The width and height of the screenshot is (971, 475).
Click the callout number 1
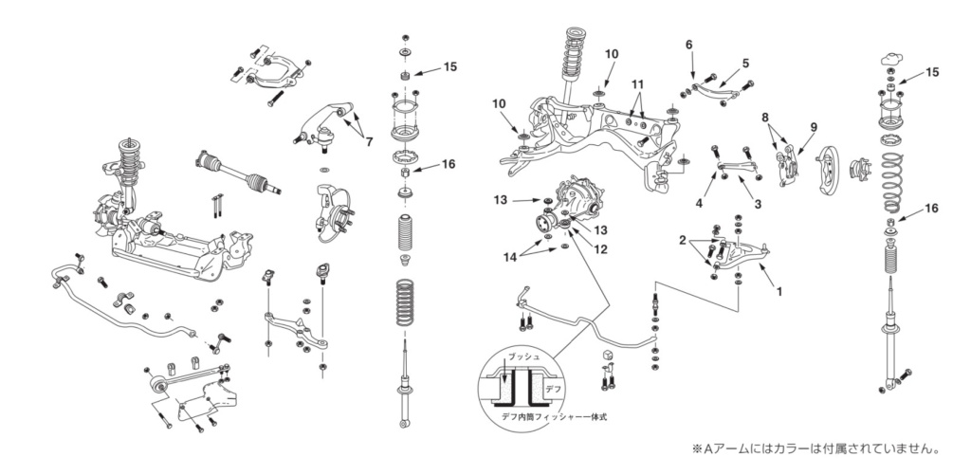coord(779,292)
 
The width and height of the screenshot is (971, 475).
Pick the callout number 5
coord(745,64)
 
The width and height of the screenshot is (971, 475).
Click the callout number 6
coord(689,45)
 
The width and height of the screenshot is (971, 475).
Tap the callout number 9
coord(813,127)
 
